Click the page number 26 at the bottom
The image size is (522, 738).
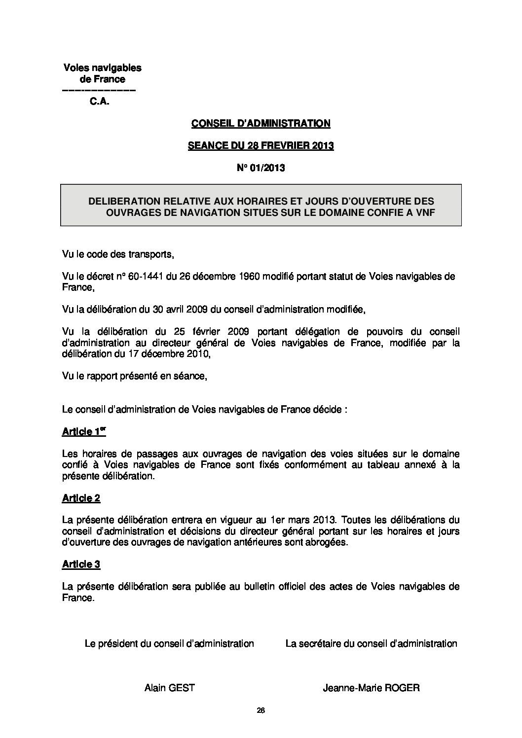261,710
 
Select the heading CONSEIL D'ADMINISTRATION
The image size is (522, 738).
261,124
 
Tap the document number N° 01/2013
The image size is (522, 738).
261,168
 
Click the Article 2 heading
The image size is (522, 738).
81,498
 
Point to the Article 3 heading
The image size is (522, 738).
81,564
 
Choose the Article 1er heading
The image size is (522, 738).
83,432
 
